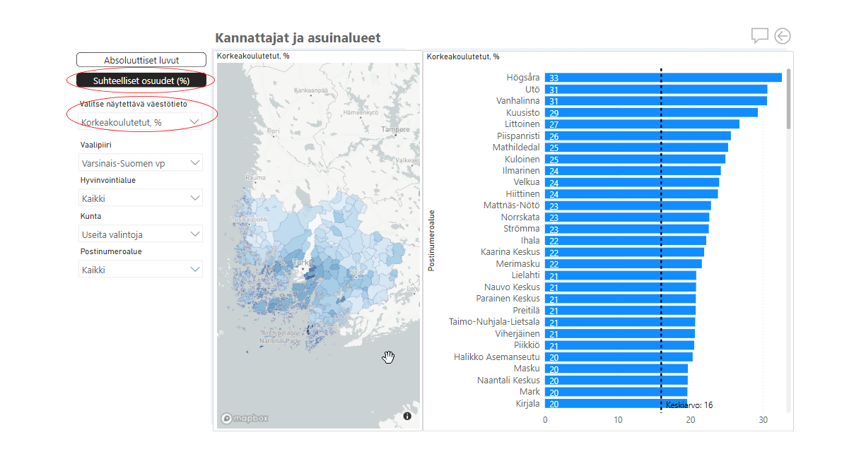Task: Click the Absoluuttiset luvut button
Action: [x=141, y=60]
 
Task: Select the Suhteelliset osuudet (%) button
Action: [x=141, y=80]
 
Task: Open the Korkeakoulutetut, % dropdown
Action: [x=141, y=122]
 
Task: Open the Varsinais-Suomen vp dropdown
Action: [x=141, y=163]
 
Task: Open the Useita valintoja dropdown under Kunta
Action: [x=141, y=234]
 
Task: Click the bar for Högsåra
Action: [x=663, y=78]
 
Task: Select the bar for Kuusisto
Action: [x=651, y=112]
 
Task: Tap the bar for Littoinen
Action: [x=642, y=124]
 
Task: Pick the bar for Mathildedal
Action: [x=636, y=148]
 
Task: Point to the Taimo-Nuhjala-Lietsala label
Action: [x=494, y=322]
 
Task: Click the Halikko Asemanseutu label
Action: [x=496, y=357]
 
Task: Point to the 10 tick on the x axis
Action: [x=618, y=420]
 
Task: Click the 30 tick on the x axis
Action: [x=763, y=420]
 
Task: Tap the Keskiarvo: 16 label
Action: [x=689, y=405]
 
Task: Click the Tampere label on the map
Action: [x=395, y=130]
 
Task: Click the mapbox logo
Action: [x=245, y=418]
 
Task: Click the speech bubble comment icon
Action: [x=759, y=36]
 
